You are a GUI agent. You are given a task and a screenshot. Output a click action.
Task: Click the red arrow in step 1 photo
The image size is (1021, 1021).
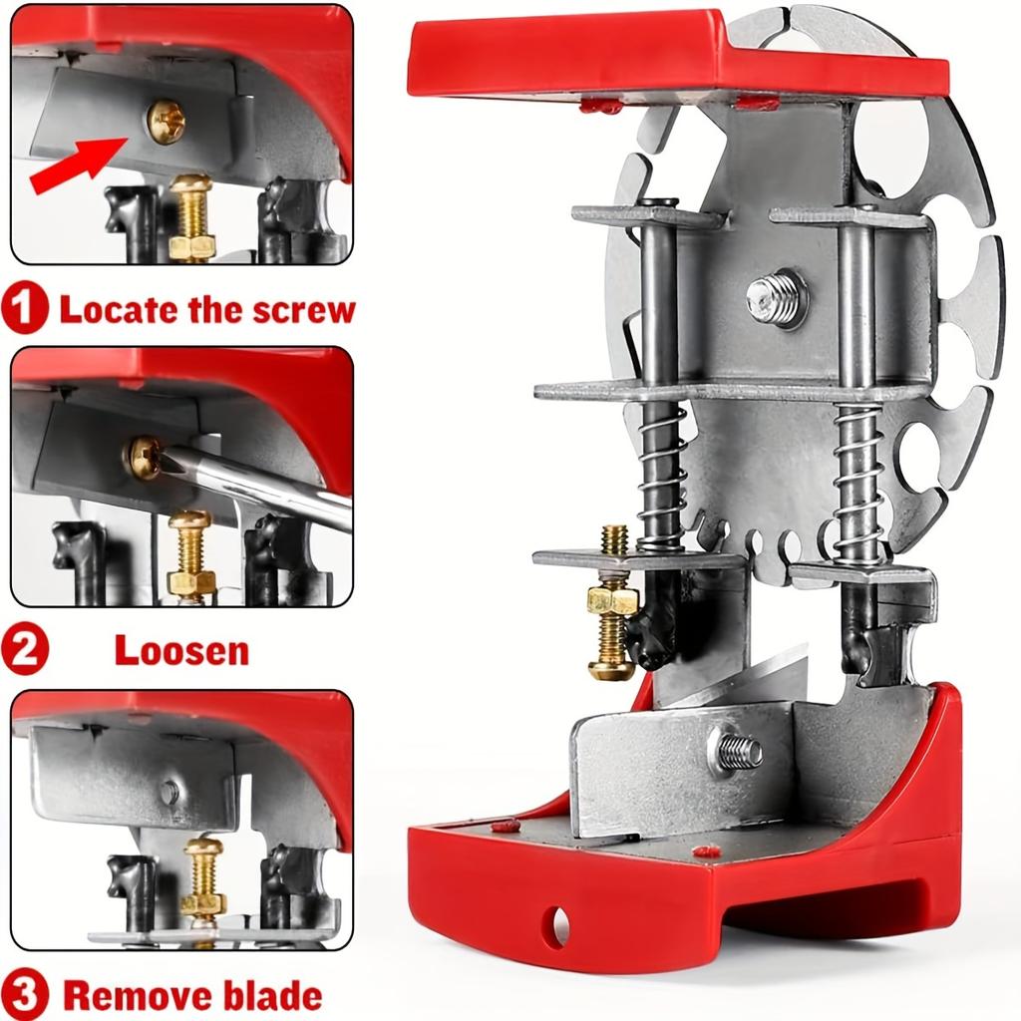point(77,165)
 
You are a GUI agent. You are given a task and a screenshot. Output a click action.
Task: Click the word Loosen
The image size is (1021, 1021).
point(181,650)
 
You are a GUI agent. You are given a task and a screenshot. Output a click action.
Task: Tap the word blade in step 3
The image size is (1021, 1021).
point(272,996)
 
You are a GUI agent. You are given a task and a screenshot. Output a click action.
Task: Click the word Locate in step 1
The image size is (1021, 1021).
point(120,310)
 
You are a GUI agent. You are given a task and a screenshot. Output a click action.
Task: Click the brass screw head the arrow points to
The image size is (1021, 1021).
point(165,121)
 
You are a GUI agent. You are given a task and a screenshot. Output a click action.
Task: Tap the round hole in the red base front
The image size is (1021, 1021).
point(558,925)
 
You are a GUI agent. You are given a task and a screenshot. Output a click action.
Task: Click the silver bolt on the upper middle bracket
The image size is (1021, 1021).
point(776,299)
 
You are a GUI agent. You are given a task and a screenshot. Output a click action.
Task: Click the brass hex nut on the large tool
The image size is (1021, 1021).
point(611,599)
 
